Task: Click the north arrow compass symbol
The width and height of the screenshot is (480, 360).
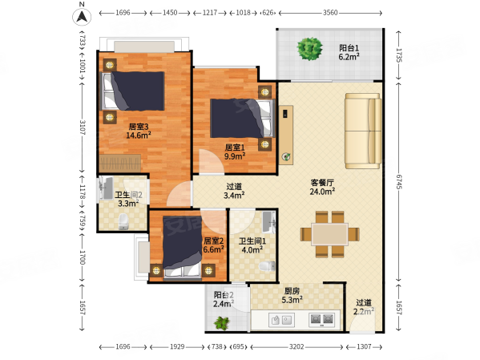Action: click(x=82, y=17)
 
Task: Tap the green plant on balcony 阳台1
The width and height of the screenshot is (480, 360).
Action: click(x=310, y=49)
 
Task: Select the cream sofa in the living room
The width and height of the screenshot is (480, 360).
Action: click(x=363, y=131)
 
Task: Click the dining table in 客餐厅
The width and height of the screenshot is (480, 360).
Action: click(x=329, y=234)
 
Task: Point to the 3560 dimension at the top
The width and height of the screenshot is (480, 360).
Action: click(x=330, y=13)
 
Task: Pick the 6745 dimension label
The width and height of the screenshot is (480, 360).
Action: click(x=398, y=182)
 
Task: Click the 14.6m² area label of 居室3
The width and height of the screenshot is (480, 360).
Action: click(x=139, y=136)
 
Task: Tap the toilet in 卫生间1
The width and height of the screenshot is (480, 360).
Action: click(x=267, y=266)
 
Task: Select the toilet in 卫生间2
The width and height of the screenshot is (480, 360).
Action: click(x=123, y=221)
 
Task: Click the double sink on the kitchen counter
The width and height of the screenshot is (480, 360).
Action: click(x=281, y=320)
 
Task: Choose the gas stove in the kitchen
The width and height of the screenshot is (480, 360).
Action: click(x=321, y=320)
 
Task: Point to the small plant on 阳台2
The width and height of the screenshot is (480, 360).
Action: click(x=222, y=322)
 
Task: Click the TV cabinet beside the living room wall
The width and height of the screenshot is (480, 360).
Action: click(x=286, y=136)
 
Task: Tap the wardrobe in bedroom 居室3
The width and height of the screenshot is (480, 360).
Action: click(x=120, y=164)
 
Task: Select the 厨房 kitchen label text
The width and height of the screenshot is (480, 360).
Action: click(x=292, y=291)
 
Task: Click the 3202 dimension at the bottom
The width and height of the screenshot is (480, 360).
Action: click(x=296, y=347)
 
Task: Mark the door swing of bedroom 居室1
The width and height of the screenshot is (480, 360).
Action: click(x=212, y=162)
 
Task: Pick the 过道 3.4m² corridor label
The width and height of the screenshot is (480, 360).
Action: click(x=234, y=191)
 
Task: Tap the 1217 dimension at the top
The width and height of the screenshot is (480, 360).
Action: click(x=210, y=13)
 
